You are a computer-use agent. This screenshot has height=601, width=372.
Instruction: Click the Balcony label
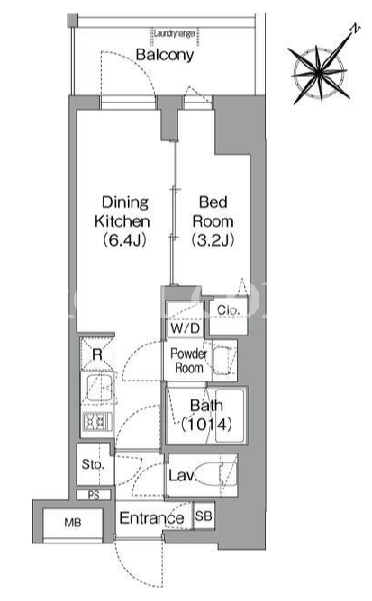point(164,55)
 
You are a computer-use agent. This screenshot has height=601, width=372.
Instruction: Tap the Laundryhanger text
point(175,33)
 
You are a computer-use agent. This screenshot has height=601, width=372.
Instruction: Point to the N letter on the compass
point(356,28)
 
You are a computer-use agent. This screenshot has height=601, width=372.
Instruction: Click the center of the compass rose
point(319,72)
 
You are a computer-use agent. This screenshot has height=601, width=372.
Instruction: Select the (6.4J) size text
point(125,240)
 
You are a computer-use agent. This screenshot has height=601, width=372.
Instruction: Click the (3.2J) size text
point(213,240)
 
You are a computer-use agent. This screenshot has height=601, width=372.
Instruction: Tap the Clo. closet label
point(228,310)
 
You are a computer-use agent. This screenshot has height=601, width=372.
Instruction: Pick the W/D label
point(186,328)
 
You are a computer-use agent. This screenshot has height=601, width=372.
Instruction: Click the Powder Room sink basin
point(222,360)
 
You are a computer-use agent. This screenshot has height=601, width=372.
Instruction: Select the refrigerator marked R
point(97,354)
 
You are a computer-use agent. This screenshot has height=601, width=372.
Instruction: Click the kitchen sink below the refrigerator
point(99,389)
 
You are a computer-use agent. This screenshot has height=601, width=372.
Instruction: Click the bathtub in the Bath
point(230,416)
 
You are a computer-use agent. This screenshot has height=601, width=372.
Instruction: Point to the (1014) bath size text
point(206,425)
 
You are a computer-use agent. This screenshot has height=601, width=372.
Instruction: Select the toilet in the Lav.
point(216,474)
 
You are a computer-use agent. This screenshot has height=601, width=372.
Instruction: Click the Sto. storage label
point(93,464)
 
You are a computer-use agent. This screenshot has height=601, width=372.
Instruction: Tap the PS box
point(94,495)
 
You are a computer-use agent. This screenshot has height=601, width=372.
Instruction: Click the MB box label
point(73,523)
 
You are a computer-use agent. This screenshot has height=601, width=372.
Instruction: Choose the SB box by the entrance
point(204,516)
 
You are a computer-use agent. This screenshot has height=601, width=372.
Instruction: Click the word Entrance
point(151,518)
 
